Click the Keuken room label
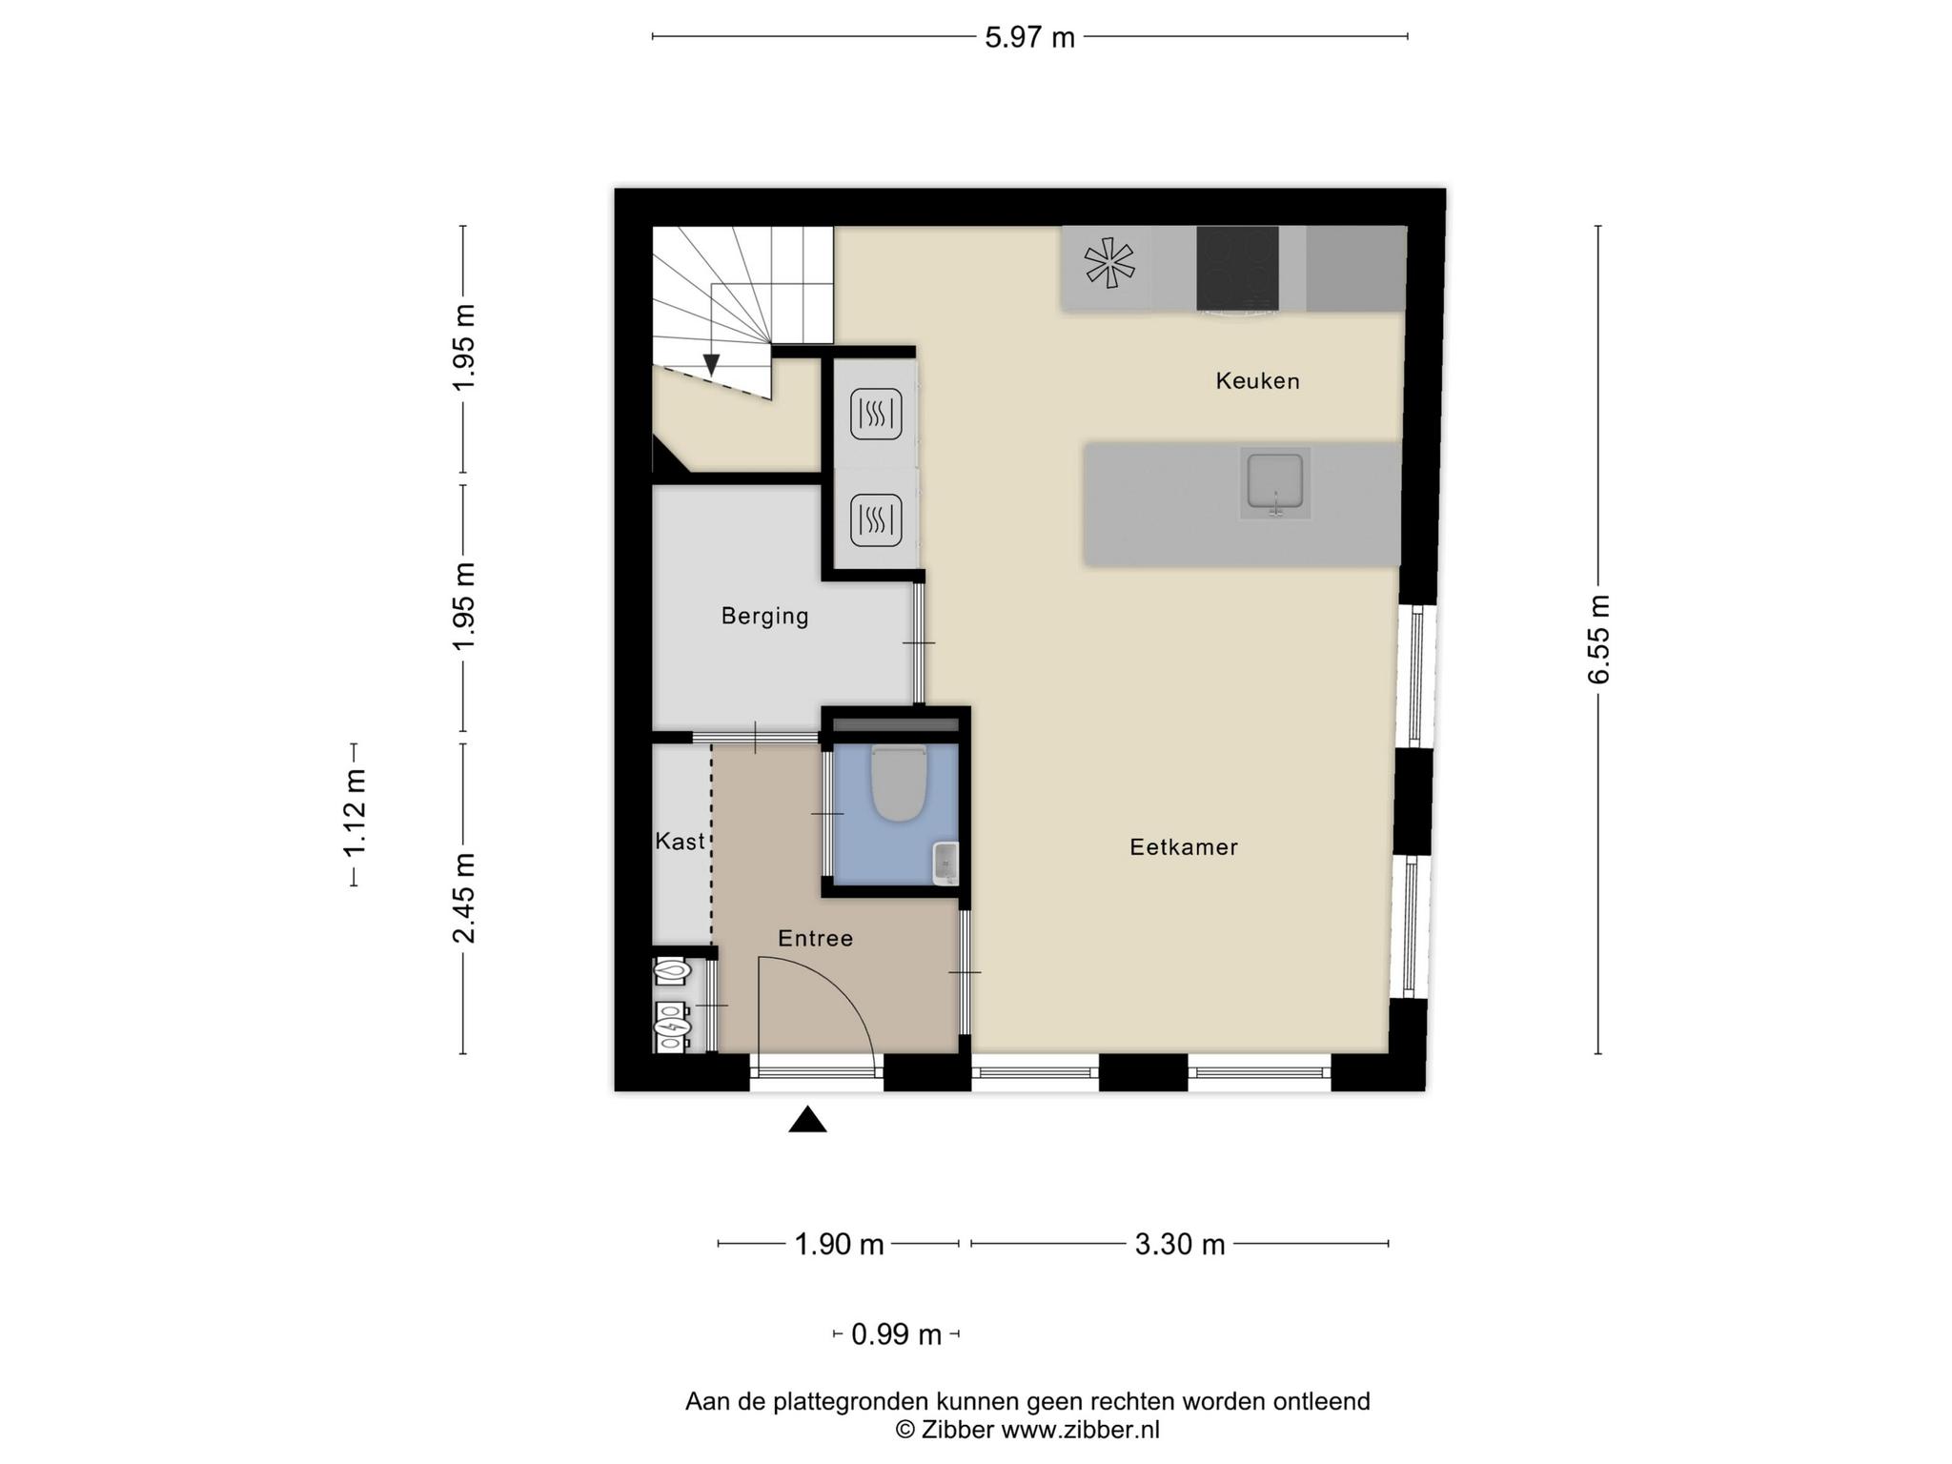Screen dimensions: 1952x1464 point(1257,381)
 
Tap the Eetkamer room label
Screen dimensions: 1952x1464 point(1184,846)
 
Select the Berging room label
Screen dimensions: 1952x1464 point(764,617)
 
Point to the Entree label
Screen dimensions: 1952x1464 point(815,938)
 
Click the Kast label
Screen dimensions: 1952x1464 point(680,841)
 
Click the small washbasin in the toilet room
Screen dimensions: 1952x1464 point(945,863)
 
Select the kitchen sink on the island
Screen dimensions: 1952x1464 point(1275,482)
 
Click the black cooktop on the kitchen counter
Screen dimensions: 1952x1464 point(1237,269)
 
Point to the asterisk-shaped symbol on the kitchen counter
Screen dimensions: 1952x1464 point(1109,263)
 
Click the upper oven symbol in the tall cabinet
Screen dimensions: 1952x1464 point(876,415)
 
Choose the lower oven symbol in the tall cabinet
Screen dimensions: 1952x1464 point(876,520)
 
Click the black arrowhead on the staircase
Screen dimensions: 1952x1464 point(711,365)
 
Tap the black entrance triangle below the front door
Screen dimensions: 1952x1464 point(807,1119)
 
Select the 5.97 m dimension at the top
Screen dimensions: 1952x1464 point(1029,37)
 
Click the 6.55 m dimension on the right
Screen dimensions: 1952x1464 point(1598,640)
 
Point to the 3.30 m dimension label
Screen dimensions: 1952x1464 point(1179,1244)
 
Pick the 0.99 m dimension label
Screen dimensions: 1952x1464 point(896,1334)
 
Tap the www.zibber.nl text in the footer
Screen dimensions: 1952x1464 point(1080,1430)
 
